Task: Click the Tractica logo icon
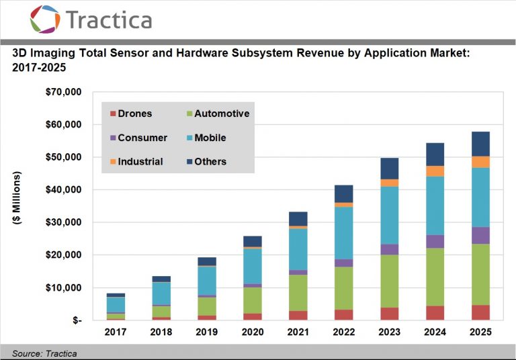(45, 19)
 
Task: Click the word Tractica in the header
(109, 19)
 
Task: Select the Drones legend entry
(131, 114)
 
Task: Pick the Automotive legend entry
(218, 114)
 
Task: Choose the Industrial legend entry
(136, 162)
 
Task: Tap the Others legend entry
(207, 162)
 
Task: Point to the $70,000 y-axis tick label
(64, 92)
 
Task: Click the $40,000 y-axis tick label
(64, 189)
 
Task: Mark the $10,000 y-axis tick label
(64, 287)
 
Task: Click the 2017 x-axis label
(116, 332)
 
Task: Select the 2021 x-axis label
(298, 332)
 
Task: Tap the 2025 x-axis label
(480, 332)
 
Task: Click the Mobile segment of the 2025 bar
(480, 197)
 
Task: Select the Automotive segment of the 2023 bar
(389, 281)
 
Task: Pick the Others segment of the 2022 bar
(344, 194)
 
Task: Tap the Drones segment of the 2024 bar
(435, 313)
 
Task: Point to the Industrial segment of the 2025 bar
(480, 163)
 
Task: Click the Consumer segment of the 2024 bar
(435, 242)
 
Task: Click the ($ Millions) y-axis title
(16, 198)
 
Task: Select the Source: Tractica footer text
(44, 353)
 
